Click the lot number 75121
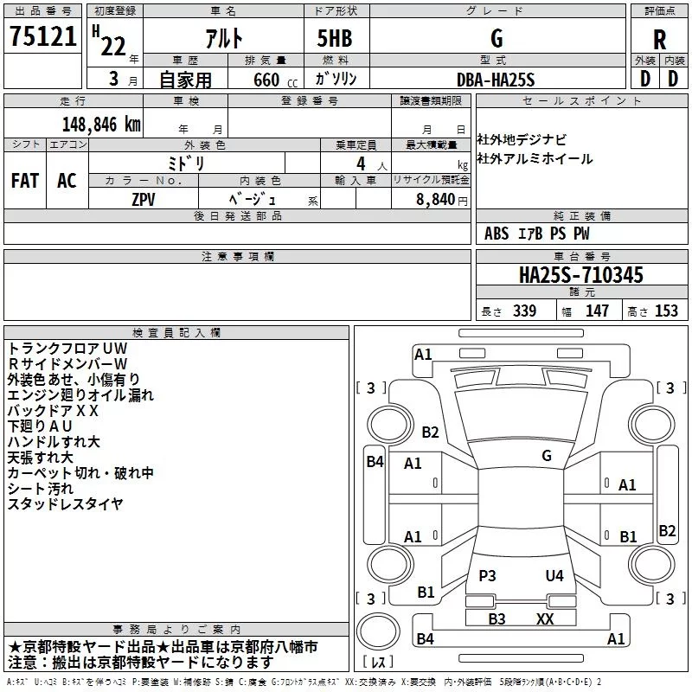point(43,37)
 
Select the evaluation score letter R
point(660,39)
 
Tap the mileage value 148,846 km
point(101,124)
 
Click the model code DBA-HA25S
point(496,80)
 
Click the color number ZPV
point(144,199)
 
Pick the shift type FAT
point(24,181)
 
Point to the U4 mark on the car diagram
point(554,575)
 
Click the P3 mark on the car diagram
point(487,575)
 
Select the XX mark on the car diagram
point(545,618)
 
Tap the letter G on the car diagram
point(547,455)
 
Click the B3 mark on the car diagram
point(497,618)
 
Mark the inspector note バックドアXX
point(53,410)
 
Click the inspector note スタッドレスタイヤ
point(65,503)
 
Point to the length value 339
point(523,311)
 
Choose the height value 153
point(666,311)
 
